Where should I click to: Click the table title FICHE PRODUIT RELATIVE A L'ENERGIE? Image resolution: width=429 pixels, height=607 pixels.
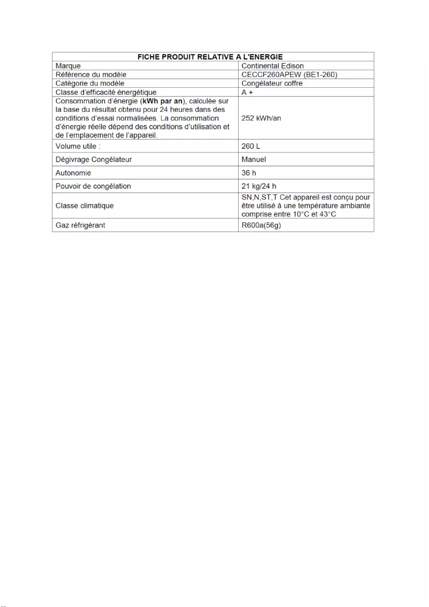pos(213,57)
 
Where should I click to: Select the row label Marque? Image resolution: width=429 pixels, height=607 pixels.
pos(68,66)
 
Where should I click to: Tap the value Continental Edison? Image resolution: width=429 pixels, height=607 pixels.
pos(273,66)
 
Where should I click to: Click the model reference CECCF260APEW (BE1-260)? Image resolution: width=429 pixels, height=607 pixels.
pos(289,74)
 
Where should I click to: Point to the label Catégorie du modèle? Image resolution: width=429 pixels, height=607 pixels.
pos(90,84)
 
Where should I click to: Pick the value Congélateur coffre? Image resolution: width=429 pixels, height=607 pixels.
pos(272,84)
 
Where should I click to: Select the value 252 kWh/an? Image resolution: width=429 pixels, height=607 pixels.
pos(262,118)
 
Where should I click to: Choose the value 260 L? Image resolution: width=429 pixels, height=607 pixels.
pos(251,146)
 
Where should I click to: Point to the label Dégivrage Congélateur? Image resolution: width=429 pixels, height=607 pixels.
pos(94,160)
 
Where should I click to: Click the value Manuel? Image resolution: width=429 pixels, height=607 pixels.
pos(254,160)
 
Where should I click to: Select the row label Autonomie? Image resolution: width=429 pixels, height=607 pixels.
pos(73,173)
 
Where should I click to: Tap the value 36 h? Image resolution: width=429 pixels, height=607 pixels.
pos(249,173)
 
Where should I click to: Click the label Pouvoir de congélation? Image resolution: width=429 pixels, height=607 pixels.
pos(93,186)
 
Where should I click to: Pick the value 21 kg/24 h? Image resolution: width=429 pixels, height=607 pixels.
pos(259,186)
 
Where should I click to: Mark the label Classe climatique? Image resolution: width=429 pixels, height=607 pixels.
pos(85,206)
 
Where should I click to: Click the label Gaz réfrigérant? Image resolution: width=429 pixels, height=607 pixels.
pos(80,225)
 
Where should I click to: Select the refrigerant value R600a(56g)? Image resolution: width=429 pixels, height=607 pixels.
pos(262,225)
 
